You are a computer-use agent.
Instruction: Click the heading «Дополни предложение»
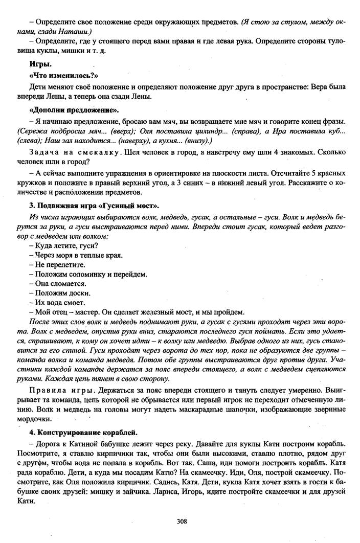click(x=67, y=110)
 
